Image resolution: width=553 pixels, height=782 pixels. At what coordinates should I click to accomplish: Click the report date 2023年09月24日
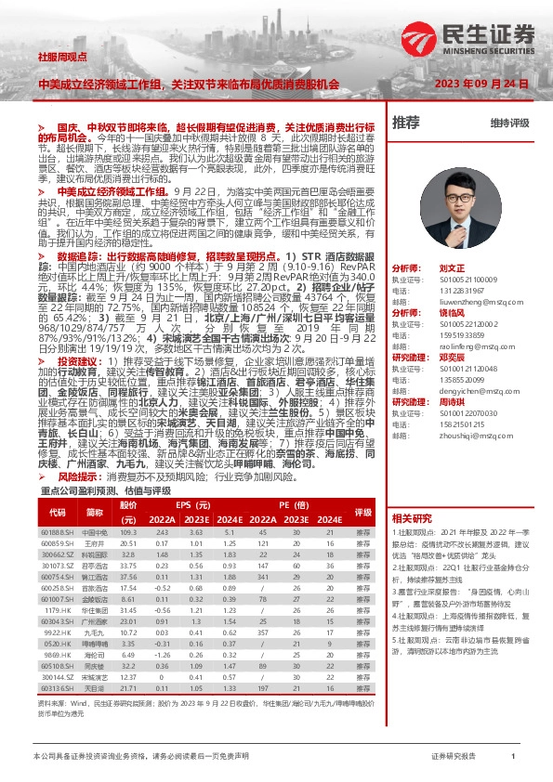(491, 83)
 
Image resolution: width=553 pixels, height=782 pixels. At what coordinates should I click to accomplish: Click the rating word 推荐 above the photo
(406, 122)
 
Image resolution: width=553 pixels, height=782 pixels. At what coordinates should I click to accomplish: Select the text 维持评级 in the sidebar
(509, 123)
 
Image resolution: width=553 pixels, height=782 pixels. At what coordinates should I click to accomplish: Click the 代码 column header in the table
(58, 512)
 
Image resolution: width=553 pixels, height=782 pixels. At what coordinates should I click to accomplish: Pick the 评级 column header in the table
(362, 512)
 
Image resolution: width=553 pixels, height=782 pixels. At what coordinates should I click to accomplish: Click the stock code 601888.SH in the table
(57, 532)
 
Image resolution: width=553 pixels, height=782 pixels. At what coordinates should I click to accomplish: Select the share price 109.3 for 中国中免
(128, 532)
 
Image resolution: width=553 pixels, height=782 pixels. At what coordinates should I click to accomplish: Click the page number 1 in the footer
(513, 757)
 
